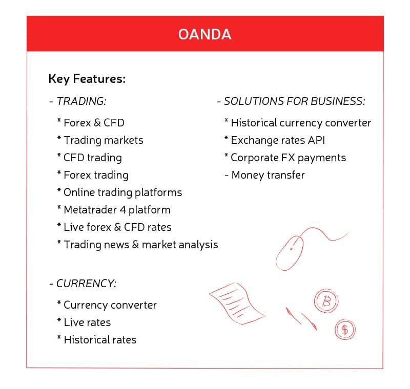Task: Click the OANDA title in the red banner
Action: coord(204,34)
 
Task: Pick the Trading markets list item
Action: coord(102,140)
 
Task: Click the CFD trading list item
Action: coord(92,158)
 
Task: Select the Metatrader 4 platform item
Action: coord(116,210)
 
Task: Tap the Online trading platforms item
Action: coord(122,192)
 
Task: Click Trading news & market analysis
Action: coord(140,245)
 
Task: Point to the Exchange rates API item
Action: coord(277,140)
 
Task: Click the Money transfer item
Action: coord(267,175)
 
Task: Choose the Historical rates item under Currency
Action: coord(99,340)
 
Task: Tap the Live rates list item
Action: coord(87,322)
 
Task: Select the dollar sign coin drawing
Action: coord(345,330)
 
